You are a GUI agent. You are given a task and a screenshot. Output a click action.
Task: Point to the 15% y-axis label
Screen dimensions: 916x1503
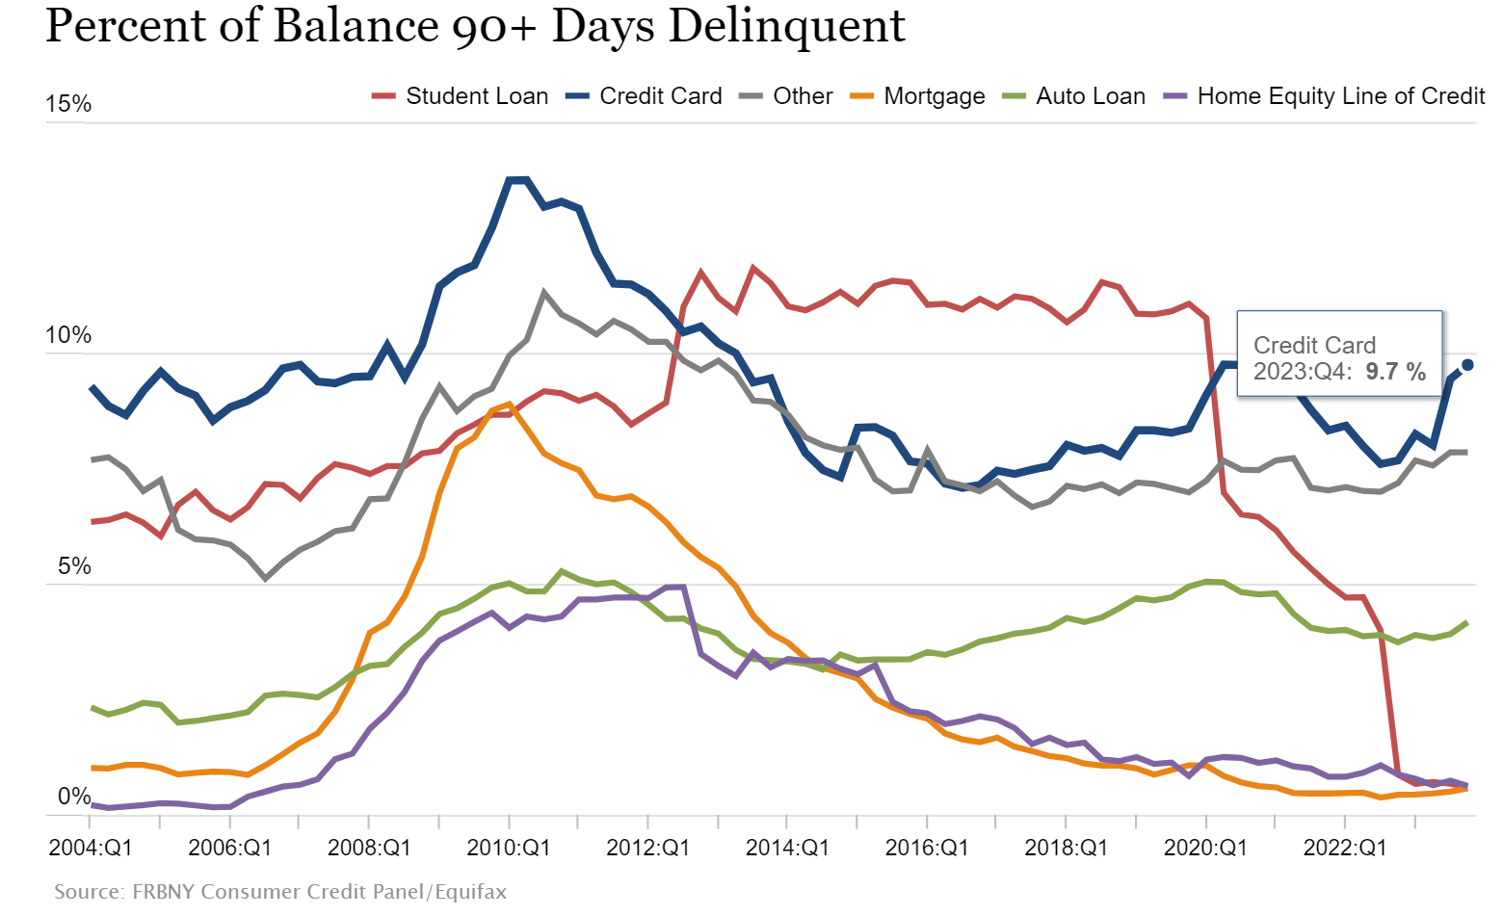[68, 104]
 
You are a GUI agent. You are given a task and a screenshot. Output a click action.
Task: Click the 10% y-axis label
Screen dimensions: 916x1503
[68, 335]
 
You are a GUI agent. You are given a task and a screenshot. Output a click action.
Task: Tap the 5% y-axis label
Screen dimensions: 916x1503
[73, 566]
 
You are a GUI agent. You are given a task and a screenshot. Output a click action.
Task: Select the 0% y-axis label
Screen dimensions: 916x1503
[73, 797]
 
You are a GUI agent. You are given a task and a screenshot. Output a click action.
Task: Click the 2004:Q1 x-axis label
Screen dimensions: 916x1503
[91, 848]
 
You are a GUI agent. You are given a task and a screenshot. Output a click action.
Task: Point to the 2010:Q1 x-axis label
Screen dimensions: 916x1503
[509, 848]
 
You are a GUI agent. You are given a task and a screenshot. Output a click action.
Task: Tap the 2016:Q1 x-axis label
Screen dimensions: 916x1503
[927, 848]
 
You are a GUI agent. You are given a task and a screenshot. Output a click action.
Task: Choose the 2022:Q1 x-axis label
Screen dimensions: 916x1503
[1345, 848]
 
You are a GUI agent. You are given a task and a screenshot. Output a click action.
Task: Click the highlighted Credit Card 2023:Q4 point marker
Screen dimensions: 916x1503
[1467, 365]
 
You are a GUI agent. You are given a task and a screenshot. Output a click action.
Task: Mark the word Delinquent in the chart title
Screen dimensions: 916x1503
[786, 26]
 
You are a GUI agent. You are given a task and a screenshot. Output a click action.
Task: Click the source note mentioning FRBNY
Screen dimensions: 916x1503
[280, 892]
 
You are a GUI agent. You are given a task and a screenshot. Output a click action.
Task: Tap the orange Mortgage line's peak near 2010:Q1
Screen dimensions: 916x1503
[509, 405]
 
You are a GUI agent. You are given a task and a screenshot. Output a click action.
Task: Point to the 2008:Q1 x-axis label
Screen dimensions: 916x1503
[369, 848]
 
